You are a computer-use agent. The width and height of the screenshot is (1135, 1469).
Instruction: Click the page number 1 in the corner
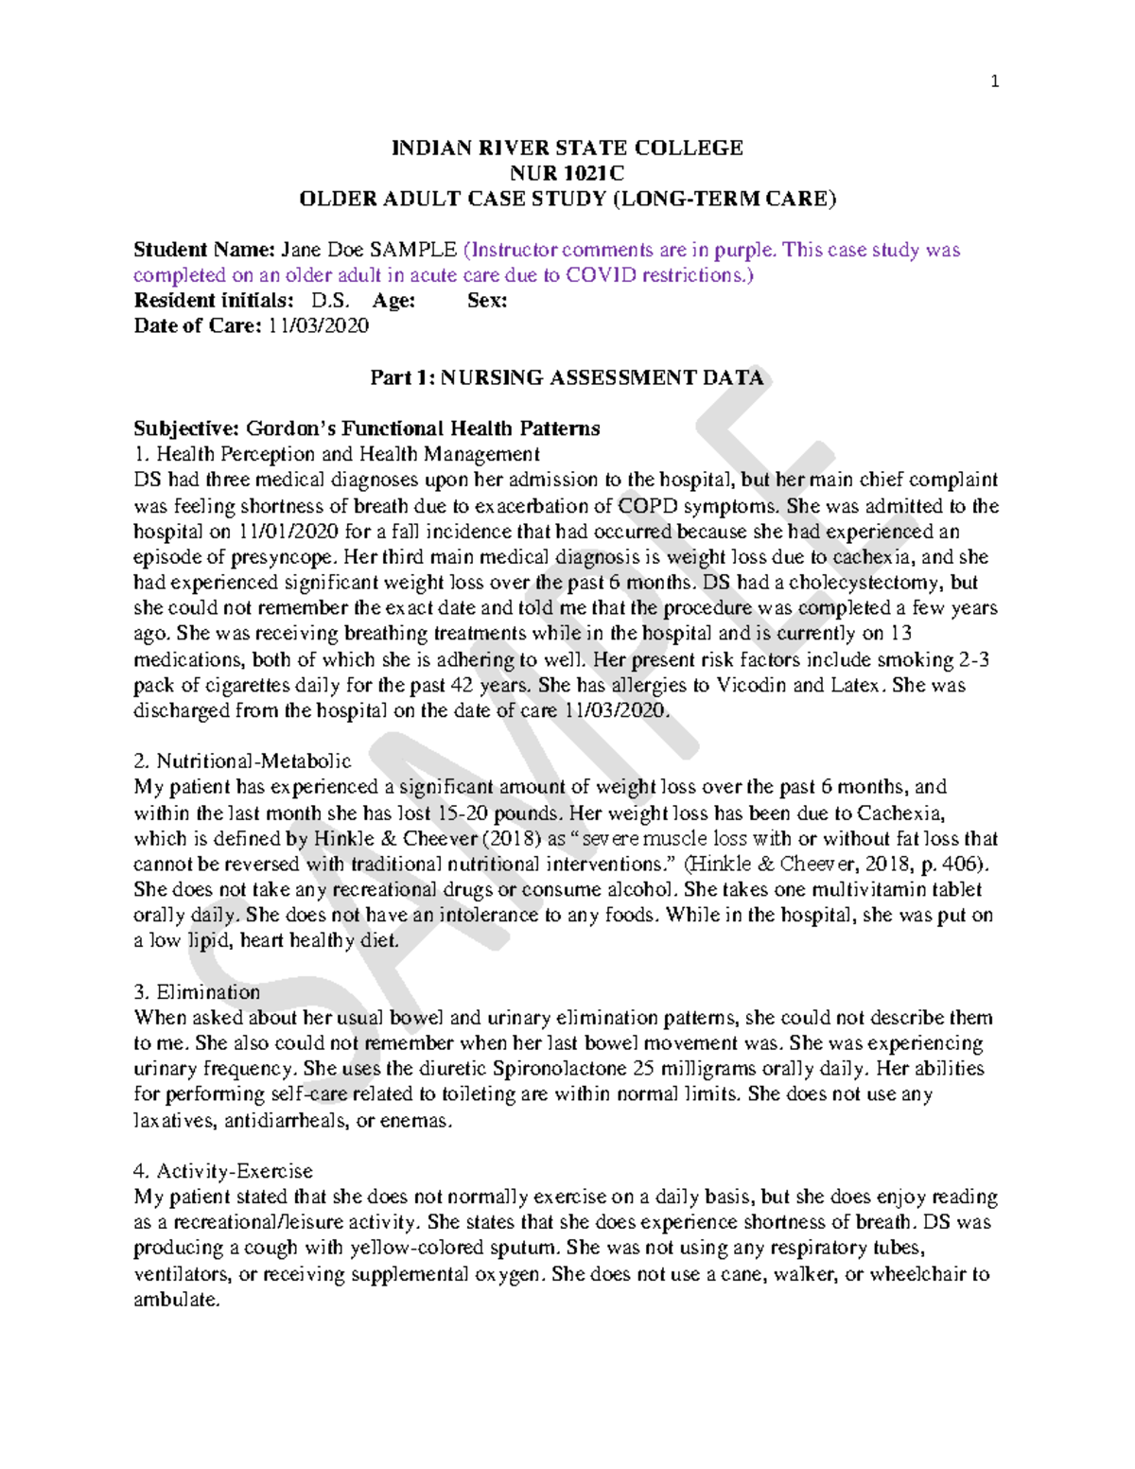pos(994,81)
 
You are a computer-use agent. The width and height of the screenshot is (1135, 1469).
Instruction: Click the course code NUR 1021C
pos(567,173)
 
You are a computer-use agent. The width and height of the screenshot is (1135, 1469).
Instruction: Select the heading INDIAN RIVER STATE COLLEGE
pos(567,148)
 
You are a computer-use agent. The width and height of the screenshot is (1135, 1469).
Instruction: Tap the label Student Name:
pos(203,250)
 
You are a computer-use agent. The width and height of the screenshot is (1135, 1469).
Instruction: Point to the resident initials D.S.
pos(331,301)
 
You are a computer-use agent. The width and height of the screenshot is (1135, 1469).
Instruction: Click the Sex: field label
pos(487,301)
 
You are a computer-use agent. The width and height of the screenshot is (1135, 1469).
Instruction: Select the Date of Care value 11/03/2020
pos(318,326)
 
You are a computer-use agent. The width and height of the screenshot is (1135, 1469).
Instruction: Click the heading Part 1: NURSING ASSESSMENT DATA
pos(567,377)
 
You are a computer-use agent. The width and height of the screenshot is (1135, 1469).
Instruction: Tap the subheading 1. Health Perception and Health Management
pos(337,454)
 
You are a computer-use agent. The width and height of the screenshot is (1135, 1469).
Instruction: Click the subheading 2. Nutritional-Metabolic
pos(242,761)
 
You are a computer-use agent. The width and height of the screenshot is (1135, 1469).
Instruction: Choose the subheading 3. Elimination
pos(197,991)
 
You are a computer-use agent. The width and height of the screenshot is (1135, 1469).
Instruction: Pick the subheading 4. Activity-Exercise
pos(223,1171)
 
